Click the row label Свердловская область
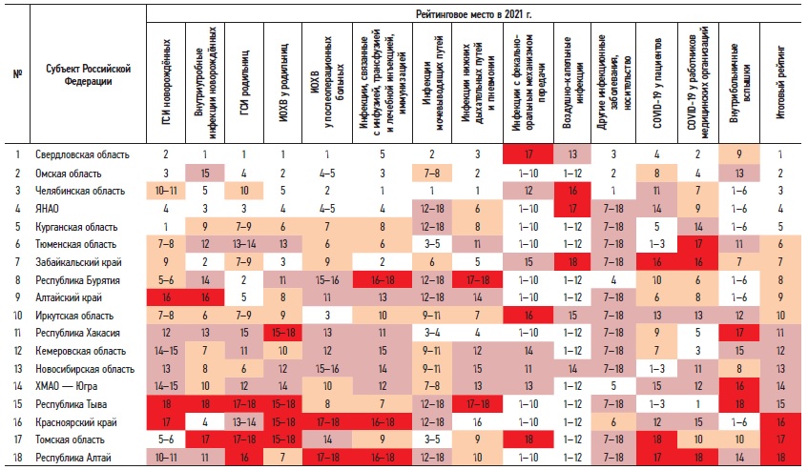tap(82, 153)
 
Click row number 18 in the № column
tap(17, 460)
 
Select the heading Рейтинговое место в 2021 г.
tap(476, 14)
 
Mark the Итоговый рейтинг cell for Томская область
tap(779, 440)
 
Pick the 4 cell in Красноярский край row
tap(204, 422)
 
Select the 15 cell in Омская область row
tap(204, 173)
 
